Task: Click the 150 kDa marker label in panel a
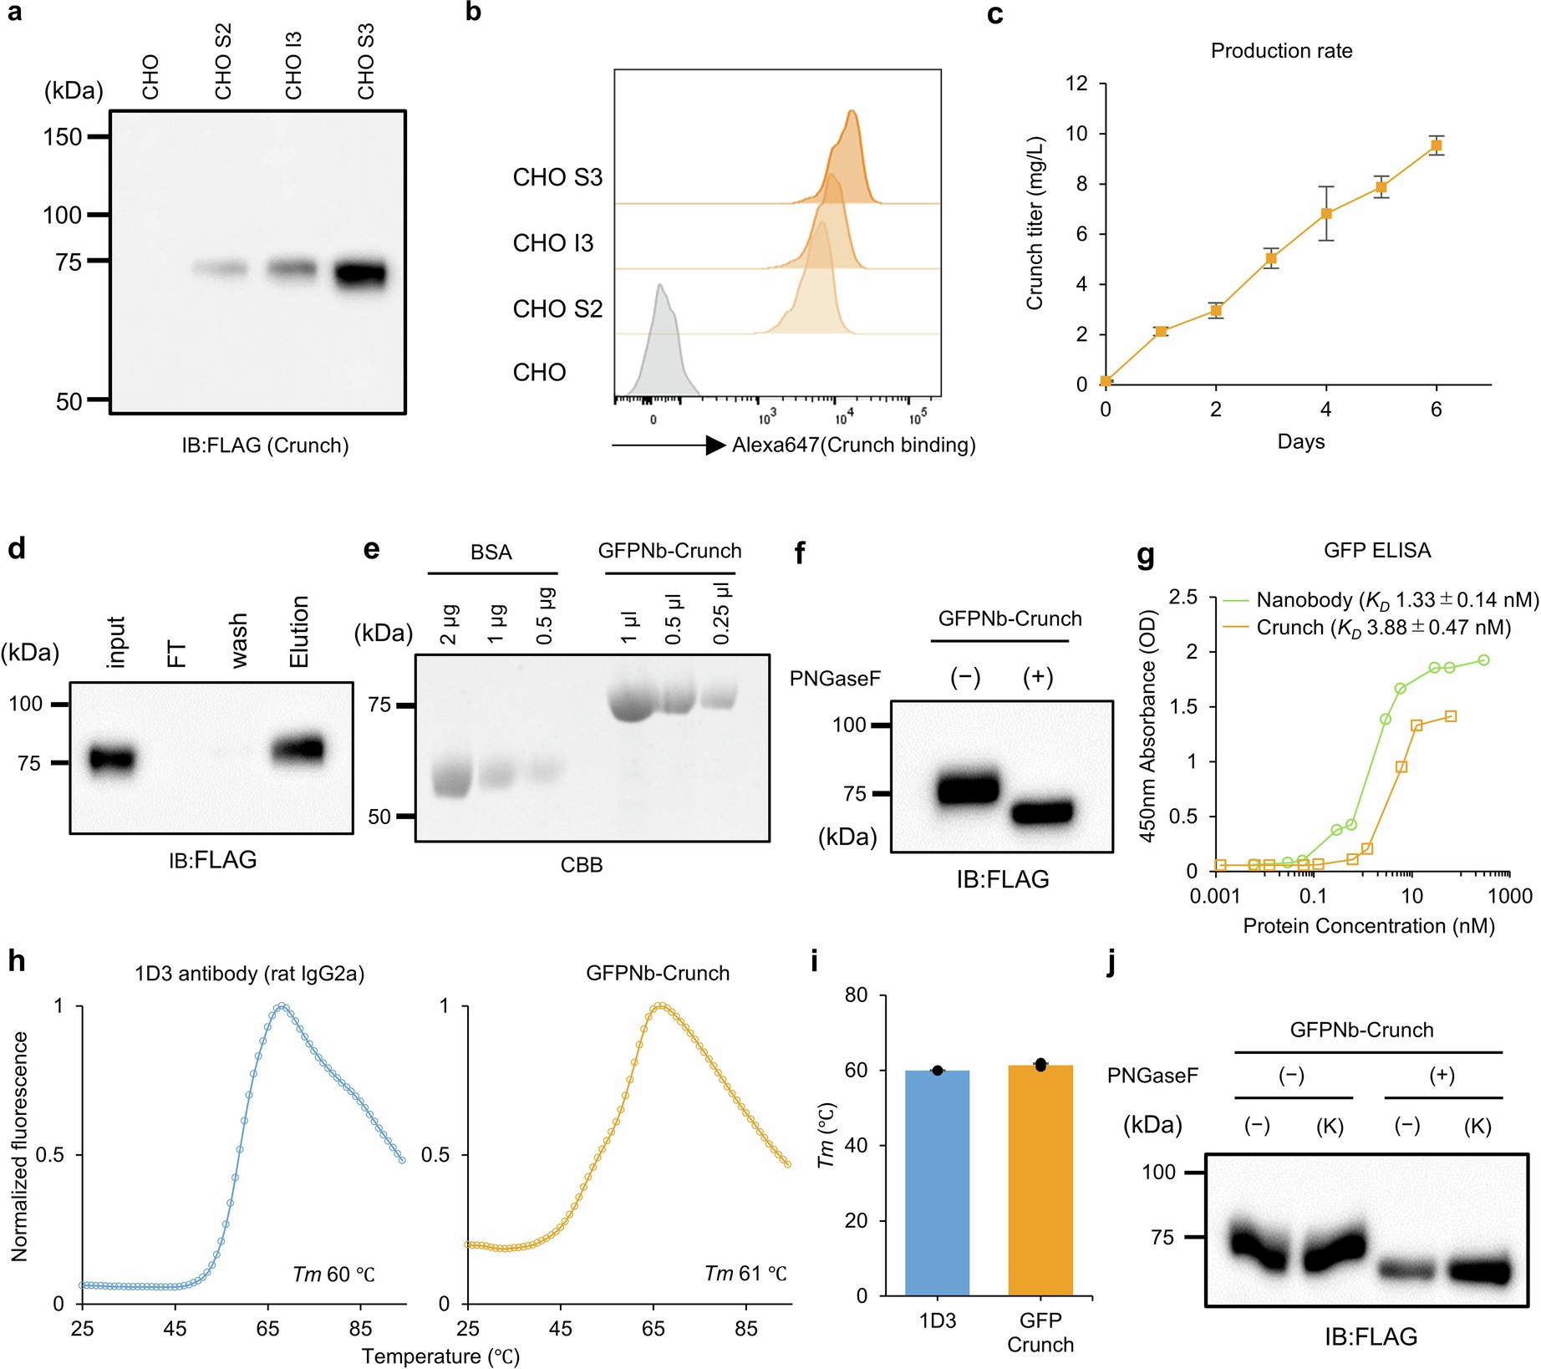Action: pyautogui.click(x=63, y=136)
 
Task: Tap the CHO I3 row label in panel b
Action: pyautogui.click(x=552, y=243)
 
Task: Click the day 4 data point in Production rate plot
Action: pyautogui.click(x=1326, y=213)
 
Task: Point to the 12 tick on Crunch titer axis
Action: pyautogui.click(x=1076, y=84)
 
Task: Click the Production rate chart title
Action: pyautogui.click(x=1281, y=51)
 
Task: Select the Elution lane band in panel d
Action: pyautogui.click(x=298, y=749)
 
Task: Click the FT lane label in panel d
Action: pyautogui.click(x=177, y=654)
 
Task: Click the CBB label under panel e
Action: pyautogui.click(x=581, y=865)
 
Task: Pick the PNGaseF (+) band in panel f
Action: pyautogui.click(x=1041, y=812)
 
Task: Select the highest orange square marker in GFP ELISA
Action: pyautogui.click(x=1451, y=716)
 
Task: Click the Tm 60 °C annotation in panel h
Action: pyautogui.click(x=333, y=1274)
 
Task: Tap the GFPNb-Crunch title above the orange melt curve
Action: pyautogui.click(x=658, y=973)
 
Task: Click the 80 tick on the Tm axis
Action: pyautogui.click(x=857, y=995)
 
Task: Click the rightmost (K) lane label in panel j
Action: pyautogui.click(x=1477, y=1127)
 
